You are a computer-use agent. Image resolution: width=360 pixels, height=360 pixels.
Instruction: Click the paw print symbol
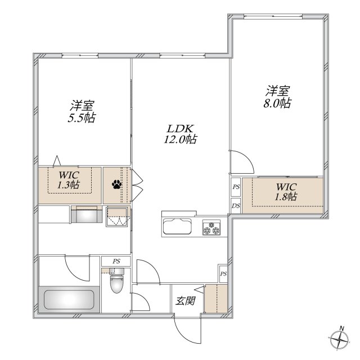coord(117,184)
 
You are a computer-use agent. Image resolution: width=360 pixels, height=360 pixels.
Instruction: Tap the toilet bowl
coord(117,281)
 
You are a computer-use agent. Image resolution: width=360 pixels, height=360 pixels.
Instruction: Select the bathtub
coord(69,299)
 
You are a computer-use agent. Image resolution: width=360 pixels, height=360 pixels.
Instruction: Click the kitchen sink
coord(177,226)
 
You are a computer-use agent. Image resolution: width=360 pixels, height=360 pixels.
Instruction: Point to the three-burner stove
coord(211,227)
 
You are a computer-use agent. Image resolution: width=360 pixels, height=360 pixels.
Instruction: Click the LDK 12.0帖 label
coord(180,134)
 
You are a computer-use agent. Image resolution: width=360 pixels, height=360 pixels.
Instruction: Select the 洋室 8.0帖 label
coord(277,97)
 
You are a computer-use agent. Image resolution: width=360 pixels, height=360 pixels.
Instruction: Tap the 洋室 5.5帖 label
coord(82,111)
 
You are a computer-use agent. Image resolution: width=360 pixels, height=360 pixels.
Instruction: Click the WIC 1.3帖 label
coord(69,180)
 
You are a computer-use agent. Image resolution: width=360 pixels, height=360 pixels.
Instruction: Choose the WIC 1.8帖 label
coord(286,192)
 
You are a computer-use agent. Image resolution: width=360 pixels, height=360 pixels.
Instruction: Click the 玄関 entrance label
coord(186,300)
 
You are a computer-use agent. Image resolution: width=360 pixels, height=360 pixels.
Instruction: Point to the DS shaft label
coord(236,206)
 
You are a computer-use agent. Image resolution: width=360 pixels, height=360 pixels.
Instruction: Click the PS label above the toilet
coord(116,261)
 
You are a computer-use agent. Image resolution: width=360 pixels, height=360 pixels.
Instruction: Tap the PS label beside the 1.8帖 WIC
coord(236,187)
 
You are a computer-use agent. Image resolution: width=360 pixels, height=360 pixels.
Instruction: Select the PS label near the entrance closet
coord(223,274)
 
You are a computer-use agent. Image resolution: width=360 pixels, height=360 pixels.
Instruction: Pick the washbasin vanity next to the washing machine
coord(87,214)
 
